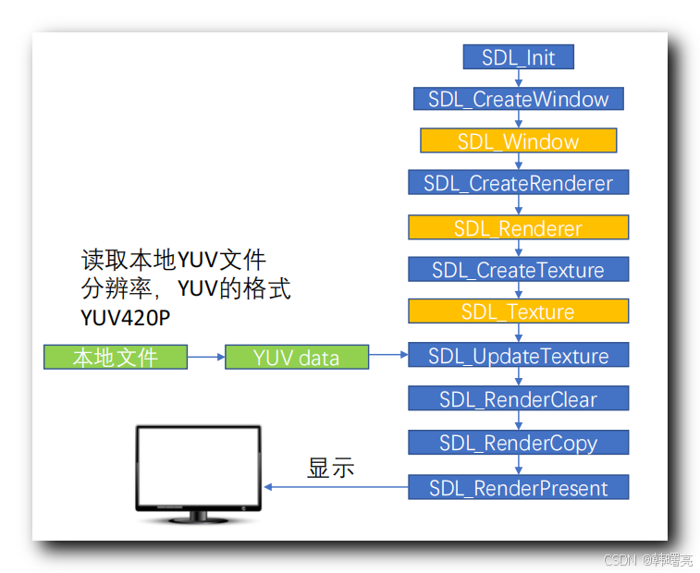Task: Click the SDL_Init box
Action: pyautogui.click(x=518, y=57)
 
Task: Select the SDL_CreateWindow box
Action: pyautogui.click(x=518, y=99)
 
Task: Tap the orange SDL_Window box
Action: pyautogui.click(x=518, y=141)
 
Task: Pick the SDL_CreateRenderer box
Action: pyautogui.click(x=518, y=183)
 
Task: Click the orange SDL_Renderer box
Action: pyautogui.click(x=518, y=227)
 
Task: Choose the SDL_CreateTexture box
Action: pyautogui.click(x=518, y=270)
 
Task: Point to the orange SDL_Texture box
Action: pyautogui.click(x=518, y=311)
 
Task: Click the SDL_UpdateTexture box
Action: pyautogui.click(x=518, y=356)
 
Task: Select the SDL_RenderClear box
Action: pyautogui.click(x=518, y=399)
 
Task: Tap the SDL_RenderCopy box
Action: pyautogui.click(x=518, y=443)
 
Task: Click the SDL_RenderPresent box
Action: pyautogui.click(x=518, y=487)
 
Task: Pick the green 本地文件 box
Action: pyautogui.click(x=116, y=357)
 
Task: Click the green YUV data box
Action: pyautogui.click(x=296, y=357)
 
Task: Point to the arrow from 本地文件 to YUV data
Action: pyautogui.click(x=206, y=357)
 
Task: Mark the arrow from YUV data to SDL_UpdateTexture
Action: pyautogui.click(x=388, y=355)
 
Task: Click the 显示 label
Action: pyautogui.click(x=330, y=468)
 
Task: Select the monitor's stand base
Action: pyautogui.click(x=197, y=519)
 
